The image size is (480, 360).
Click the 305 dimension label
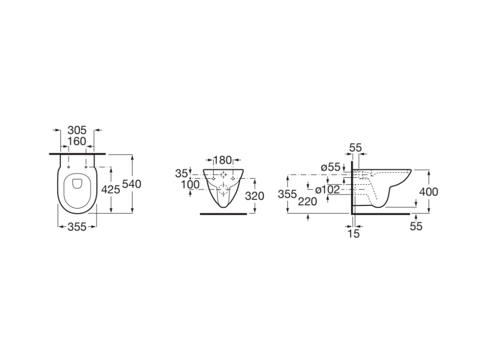pyautogui.click(x=77, y=130)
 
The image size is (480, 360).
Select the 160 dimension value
pyautogui.click(x=77, y=142)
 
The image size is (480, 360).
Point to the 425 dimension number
pyautogui.click(x=111, y=190)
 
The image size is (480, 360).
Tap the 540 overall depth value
pyautogui.click(x=132, y=184)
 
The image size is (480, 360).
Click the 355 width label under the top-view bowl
pyautogui.click(x=77, y=227)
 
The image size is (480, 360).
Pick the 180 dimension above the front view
pyautogui.click(x=223, y=160)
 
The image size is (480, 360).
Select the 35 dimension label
pyautogui.click(x=181, y=173)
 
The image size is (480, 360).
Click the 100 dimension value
pyautogui.click(x=190, y=185)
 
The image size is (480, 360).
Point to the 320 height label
pyautogui.click(x=255, y=196)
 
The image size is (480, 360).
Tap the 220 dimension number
pyautogui.click(x=307, y=202)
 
